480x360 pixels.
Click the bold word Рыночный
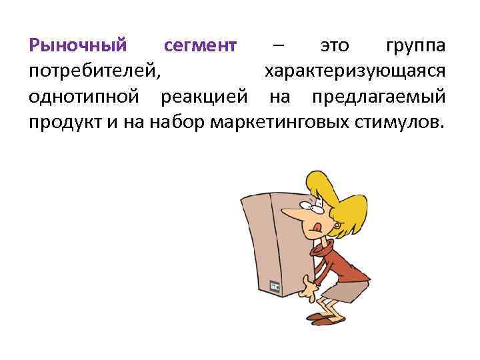point(78,46)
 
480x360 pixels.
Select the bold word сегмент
point(200,46)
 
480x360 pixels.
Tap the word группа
point(417,46)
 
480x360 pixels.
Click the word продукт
point(64,122)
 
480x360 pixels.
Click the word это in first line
point(335,46)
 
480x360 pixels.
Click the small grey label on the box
point(274,286)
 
